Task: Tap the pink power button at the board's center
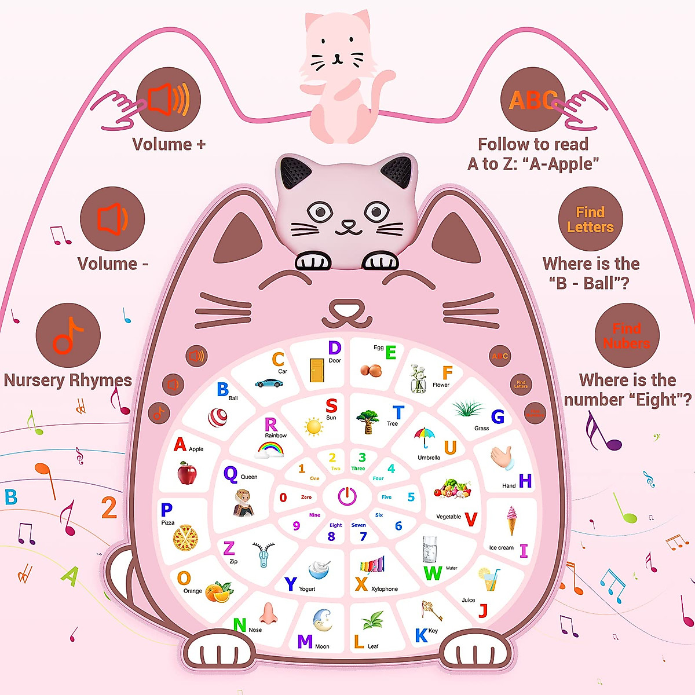(347, 496)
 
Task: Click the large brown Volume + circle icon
(169, 100)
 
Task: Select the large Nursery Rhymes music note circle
(68, 335)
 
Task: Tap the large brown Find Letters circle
(590, 220)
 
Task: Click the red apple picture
(187, 473)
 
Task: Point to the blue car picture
(269, 382)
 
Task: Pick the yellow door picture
(317, 371)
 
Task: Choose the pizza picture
(185, 538)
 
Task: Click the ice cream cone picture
(512, 520)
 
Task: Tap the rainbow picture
(270, 449)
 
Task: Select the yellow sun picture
(313, 427)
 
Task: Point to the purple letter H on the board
(525, 481)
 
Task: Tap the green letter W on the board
(433, 573)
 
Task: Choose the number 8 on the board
(331, 536)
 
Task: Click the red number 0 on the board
(283, 497)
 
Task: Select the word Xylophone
(385, 589)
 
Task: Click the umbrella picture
(425, 437)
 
